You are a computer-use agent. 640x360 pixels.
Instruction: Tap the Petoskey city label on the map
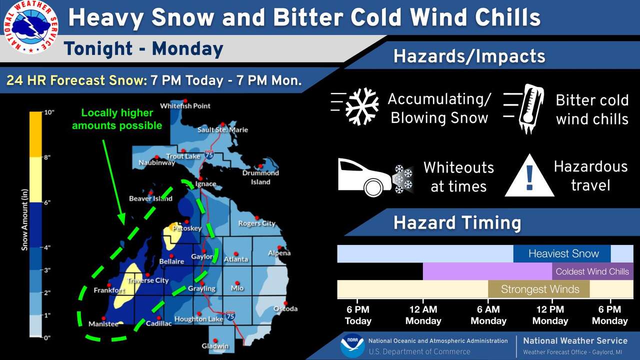point(186,228)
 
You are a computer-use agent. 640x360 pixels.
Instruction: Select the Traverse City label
point(148,280)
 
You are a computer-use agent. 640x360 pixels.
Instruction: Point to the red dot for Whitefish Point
point(185,100)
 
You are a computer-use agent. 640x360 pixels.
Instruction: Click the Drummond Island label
point(260,177)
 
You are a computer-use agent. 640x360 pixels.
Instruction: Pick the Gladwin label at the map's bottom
point(215,346)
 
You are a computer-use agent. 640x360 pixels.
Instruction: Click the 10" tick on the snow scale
point(48,112)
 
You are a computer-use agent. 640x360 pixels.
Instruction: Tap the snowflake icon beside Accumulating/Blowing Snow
point(362,106)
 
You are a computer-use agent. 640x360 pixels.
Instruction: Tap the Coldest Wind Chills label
point(592,271)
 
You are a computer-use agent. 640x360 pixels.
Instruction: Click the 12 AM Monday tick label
point(423,315)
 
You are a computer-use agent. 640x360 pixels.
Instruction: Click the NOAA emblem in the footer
point(352,345)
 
